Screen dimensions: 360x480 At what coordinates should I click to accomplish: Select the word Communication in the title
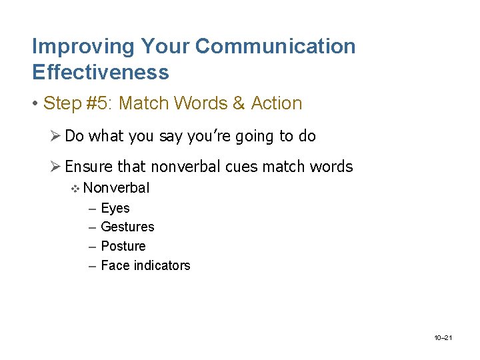pos(275,47)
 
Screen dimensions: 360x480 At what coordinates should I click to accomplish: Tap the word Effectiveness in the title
pos(100,72)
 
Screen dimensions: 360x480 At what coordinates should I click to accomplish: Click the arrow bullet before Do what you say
pos(56,136)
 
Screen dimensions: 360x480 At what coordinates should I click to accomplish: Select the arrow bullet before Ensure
pos(56,167)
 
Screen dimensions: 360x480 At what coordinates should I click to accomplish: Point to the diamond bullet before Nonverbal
pos(75,189)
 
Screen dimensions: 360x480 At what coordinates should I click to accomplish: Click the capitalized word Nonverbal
pos(117,188)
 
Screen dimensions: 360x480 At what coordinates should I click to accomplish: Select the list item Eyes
pos(115,208)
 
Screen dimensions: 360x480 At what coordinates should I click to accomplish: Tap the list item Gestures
pos(127,227)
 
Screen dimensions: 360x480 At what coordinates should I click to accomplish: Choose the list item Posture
pos(123,246)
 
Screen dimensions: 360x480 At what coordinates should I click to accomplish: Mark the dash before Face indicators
pos(91,265)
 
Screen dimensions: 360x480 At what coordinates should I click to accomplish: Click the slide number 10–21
pos(443,339)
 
